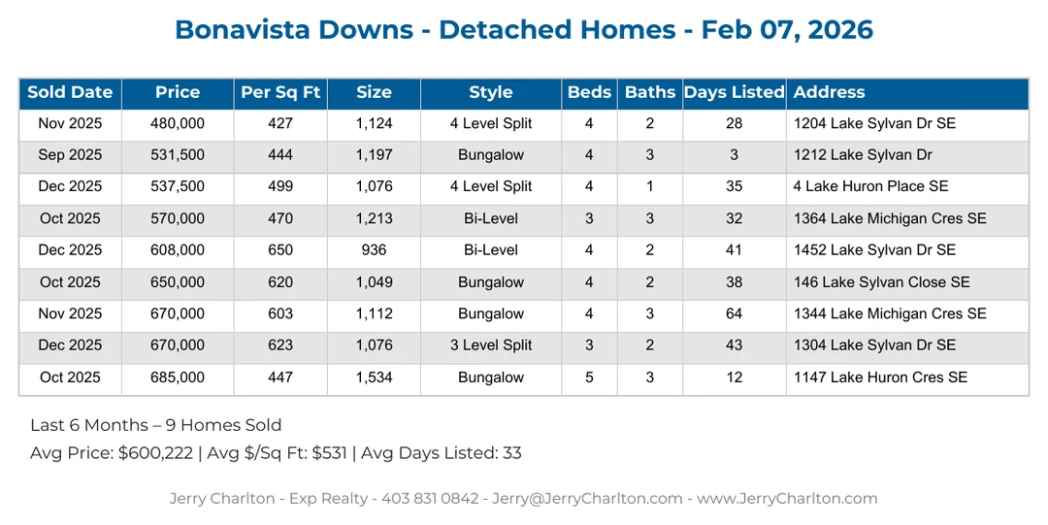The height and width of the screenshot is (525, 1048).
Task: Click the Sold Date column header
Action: (70, 93)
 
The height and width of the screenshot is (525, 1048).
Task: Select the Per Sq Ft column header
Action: (280, 93)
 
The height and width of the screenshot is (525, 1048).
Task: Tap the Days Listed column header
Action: (734, 93)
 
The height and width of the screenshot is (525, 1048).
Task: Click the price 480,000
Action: (178, 123)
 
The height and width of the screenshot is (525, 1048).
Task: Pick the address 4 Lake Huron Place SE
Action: (870, 186)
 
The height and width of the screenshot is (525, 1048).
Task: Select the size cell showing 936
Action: (374, 250)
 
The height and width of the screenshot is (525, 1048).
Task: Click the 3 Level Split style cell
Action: (491, 345)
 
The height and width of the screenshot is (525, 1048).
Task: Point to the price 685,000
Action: (178, 377)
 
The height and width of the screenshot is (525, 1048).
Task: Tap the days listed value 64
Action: (734, 313)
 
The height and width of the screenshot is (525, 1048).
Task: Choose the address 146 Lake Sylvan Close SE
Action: (881, 282)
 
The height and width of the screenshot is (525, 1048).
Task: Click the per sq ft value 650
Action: (280, 250)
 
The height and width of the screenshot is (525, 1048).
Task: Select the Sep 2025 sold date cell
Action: (70, 155)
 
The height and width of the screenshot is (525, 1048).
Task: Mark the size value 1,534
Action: (374, 377)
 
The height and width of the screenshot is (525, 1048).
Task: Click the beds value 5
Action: (589, 377)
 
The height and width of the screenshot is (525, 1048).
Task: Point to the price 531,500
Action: (178, 155)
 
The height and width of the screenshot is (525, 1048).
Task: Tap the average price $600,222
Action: (158, 453)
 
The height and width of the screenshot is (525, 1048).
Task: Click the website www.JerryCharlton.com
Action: (787, 499)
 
